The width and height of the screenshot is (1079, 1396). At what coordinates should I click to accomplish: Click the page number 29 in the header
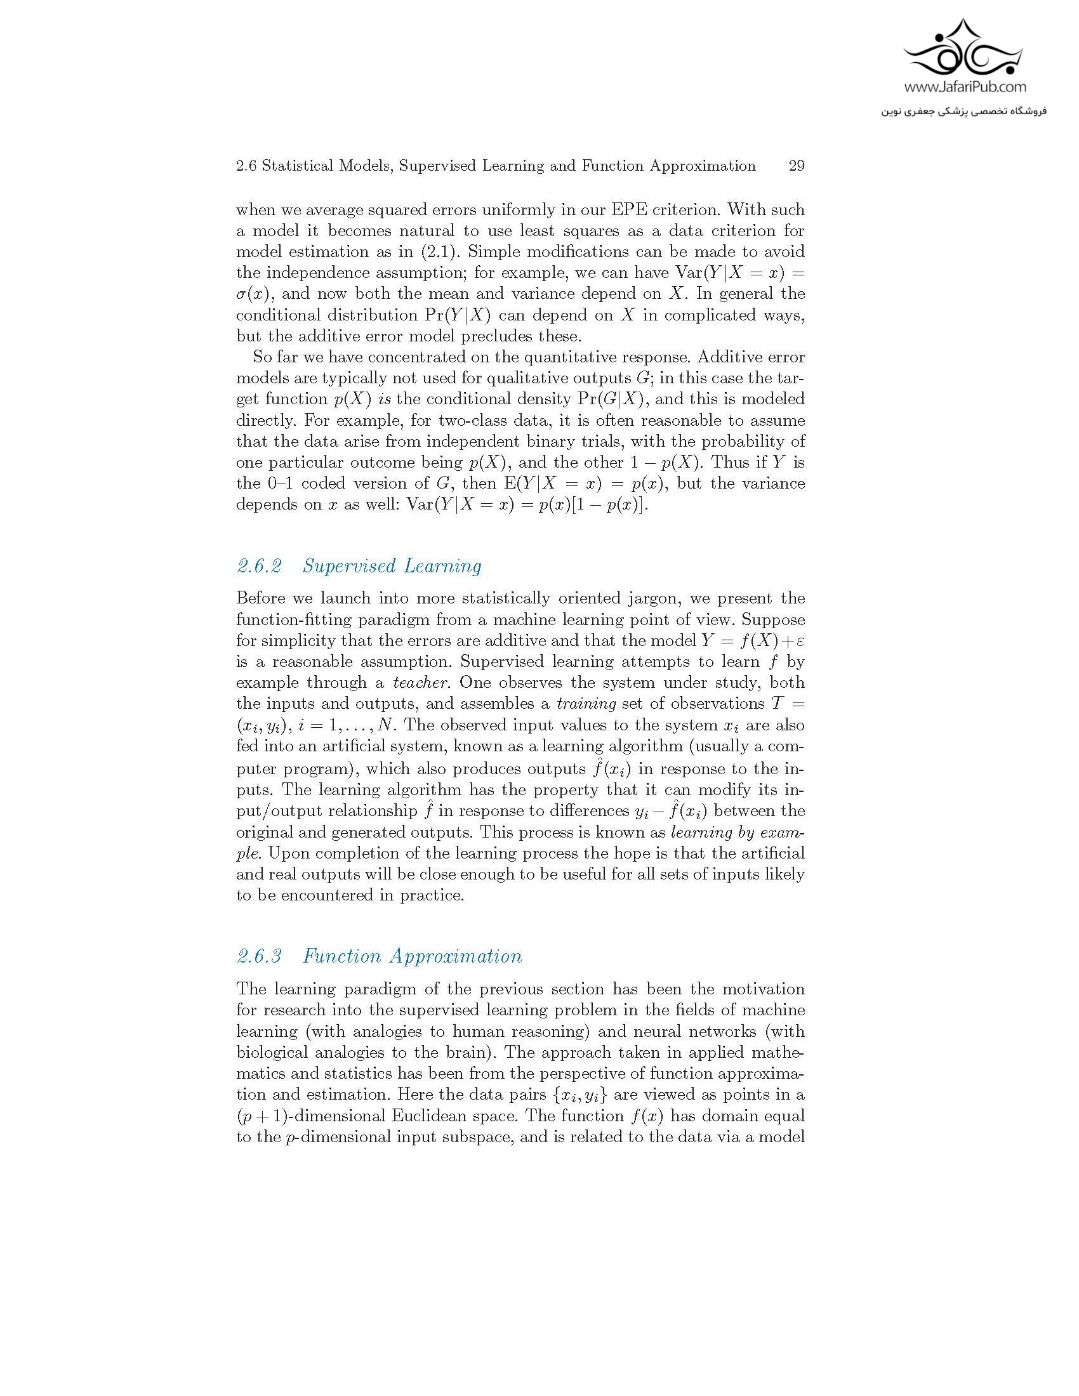coord(796,166)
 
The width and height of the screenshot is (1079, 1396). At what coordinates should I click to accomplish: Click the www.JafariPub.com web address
coord(964,87)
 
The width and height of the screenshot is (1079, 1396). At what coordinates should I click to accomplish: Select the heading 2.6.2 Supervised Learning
coord(359,565)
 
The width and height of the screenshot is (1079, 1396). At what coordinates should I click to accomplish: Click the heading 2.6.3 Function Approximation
coord(379,956)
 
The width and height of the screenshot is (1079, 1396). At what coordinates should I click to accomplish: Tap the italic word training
coord(586,704)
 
